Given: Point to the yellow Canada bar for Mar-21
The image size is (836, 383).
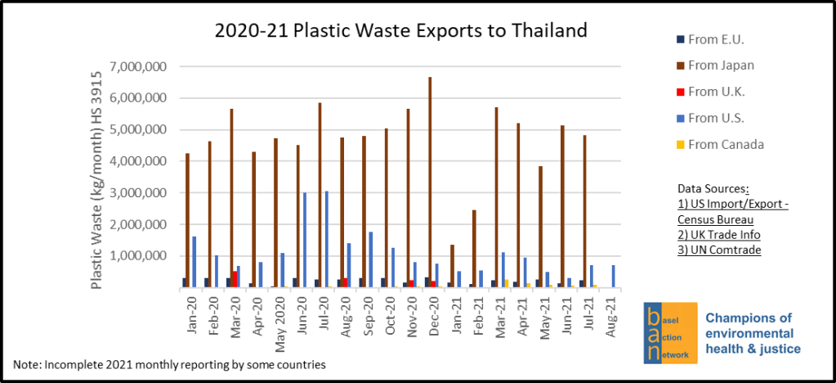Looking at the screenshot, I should click(x=507, y=283).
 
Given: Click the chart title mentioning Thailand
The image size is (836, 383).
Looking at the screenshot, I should click(x=400, y=31).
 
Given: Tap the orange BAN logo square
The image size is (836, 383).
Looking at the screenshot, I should click(x=669, y=331).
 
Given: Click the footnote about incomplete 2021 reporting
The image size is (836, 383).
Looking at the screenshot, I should click(x=169, y=363).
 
